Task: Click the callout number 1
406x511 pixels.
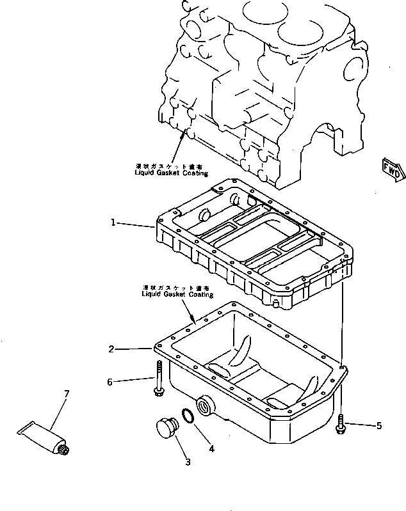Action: tap(113, 223)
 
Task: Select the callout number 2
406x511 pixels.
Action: tap(111, 349)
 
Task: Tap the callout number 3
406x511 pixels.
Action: tap(188, 462)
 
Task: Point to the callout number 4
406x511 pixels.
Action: tap(211, 448)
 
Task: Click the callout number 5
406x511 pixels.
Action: tap(379, 425)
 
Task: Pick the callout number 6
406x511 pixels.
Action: tap(110, 382)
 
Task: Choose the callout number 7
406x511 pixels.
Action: tap(66, 393)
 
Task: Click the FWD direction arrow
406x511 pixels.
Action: tap(392, 168)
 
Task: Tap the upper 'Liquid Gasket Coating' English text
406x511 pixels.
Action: tap(171, 173)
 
